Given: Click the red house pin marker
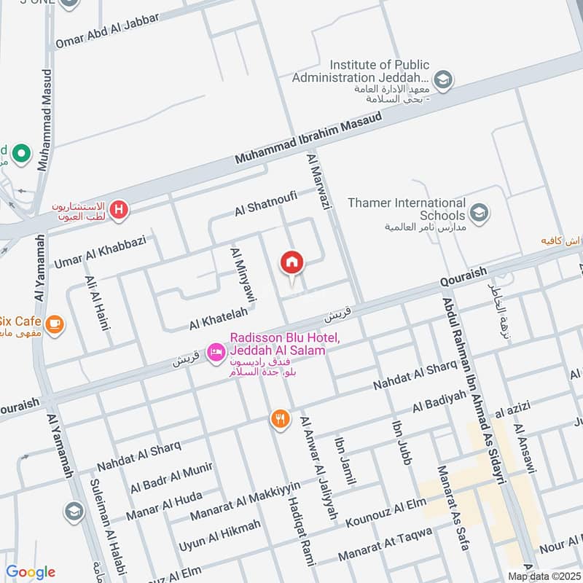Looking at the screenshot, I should pyautogui.click(x=292, y=262).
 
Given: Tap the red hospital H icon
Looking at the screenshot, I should pyautogui.click(x=120, y=211).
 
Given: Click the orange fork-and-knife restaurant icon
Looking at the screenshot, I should pyautogui.click(x=279, y=419).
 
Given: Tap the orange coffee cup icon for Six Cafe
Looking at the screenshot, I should pyautogui.click(x=54, y=322).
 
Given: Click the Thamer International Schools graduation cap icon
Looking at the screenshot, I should pyautogui.click(x=479, y=213).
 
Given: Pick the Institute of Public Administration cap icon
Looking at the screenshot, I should pyautogui.click(x=442, y=78).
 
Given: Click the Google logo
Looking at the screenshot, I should pyautogui.click(x=30, y=572).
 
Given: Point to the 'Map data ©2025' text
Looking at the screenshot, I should pyautogui.click(x=543, y=576).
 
